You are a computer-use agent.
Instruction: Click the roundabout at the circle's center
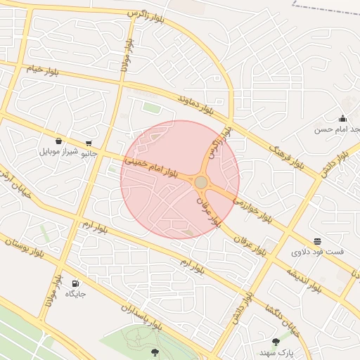[201, 182]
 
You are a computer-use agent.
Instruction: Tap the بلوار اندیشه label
[303, 277]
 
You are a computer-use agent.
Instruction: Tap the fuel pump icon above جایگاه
[75, 283]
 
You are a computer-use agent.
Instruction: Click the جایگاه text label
[75, 294]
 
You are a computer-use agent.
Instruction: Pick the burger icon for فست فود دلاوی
[318, 241]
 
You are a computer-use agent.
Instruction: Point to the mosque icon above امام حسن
[342, 118]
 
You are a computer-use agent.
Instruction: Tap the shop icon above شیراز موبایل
[57, 140]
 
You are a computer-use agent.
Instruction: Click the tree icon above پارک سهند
[275, 342]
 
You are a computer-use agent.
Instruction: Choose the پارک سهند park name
[275, 352]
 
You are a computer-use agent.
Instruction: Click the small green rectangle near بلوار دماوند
[151, 108]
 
